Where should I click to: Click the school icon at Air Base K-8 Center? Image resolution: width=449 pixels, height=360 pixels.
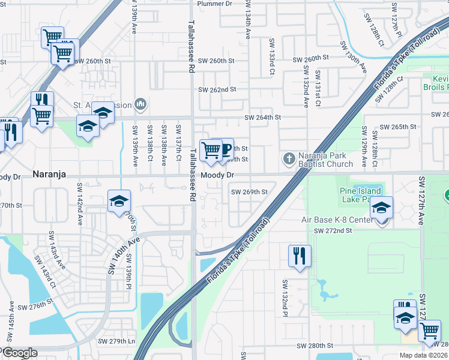tap(381, 207)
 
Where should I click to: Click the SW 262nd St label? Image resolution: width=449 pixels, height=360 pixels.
tap(217, 89)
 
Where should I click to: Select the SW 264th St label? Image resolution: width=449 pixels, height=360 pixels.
tap(262, 118)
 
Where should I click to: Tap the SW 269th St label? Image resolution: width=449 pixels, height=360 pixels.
tap(249, 192)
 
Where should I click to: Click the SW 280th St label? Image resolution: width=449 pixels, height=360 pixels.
tap(315, 346)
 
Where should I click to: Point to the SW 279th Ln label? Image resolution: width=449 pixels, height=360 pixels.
tap(118, 341)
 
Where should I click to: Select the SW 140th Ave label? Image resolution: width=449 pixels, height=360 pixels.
tap(124, 256)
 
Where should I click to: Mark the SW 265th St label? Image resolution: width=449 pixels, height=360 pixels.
tap(399, 127)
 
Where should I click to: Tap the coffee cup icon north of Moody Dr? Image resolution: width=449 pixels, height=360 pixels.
tap(224, 149)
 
